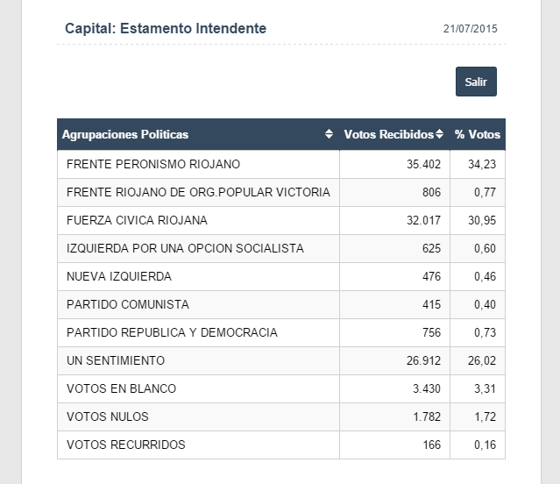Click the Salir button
pos(476,82)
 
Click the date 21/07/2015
pos(470,29)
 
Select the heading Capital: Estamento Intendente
pos(166,28)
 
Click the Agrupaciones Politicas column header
pos(125,134)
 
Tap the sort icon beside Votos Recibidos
pos(440,134)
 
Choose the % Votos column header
pos(478,134)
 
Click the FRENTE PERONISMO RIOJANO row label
pos(153,164)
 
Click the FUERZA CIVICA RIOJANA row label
pos(137,220)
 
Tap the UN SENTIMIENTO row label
pos(116,360)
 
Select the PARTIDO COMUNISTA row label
pos(128,304)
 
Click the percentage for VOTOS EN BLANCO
pos(486,388)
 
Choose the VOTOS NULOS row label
pos(108,416)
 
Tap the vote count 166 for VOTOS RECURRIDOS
pos(431,445)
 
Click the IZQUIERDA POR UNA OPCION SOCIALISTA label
pos(185,248)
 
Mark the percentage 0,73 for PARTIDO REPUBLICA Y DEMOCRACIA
pos(486,332)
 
